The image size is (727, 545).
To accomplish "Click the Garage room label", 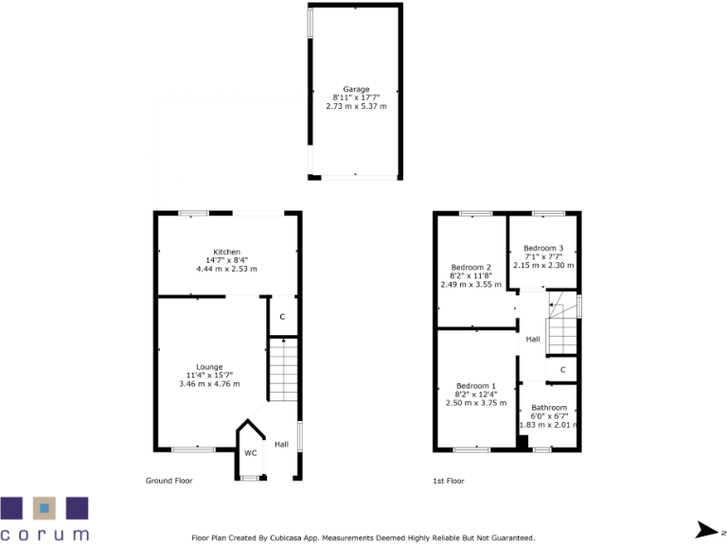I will click(356, 89).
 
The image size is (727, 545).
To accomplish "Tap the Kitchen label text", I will click(226, 252).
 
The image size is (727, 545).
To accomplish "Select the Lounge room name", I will click(209, 367).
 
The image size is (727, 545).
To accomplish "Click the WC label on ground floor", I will click(251, 453).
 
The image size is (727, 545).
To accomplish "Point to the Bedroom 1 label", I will click(476, 386).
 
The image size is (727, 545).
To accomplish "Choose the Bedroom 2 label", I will click(470, 267).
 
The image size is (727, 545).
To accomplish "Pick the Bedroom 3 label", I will click(543, 248).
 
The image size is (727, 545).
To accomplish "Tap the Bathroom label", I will click(549, 408).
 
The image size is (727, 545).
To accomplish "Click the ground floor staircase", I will click(284, 372).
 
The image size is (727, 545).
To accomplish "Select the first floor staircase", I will click(562, 322).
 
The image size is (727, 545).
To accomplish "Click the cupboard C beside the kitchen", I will click(282, 316).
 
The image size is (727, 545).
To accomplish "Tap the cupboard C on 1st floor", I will click(562, 369).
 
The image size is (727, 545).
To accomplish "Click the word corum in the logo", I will click(44, 534).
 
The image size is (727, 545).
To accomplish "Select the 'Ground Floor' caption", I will click(168, 481).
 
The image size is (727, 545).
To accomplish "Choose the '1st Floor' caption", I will click(449, 481).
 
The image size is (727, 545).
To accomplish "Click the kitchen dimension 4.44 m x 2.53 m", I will click(226, 269).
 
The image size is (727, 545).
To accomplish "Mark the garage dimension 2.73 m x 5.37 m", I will click(356, 106).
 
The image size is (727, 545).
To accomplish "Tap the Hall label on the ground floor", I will click(281, 444).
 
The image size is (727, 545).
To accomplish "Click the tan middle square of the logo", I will click(44, 508).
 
